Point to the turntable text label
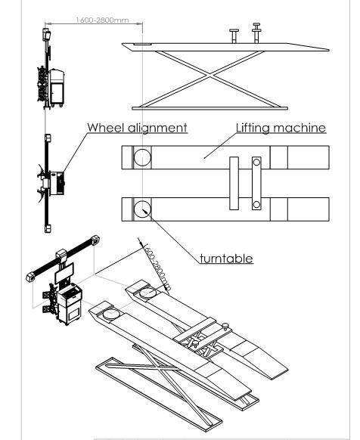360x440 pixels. [x=226, y=259]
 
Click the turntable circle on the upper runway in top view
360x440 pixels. [x=142, y=159]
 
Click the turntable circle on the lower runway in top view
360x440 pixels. [x=142, y=208]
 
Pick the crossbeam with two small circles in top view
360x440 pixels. [x=257, y=183]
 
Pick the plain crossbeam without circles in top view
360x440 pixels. [x=234, y=183]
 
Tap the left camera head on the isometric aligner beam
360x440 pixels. [x=32, y=274]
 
